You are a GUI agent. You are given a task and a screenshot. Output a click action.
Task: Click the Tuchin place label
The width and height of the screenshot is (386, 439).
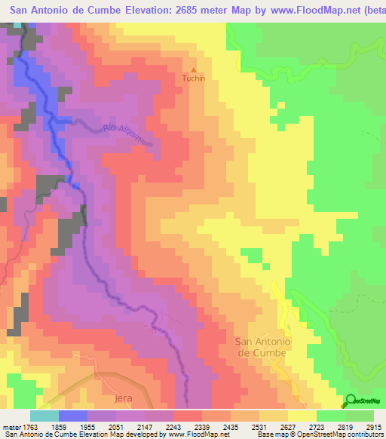(x=194, y=78)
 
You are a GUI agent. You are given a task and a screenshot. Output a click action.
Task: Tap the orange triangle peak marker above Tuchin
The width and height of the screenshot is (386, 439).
(x=194, y=69)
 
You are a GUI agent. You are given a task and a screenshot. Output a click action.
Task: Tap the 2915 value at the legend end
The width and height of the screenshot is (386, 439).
(x=372, y=426)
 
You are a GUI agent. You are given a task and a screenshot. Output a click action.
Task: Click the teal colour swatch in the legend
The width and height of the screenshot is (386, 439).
(x=44, y=416)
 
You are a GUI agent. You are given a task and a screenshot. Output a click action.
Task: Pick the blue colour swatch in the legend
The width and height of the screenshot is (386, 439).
(x=73, y=416)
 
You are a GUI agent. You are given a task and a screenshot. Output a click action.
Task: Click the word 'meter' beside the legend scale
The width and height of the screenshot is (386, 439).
(x=11, y=426)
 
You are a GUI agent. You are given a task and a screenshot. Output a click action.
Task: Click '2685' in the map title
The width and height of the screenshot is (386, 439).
(x=185, y=11)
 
